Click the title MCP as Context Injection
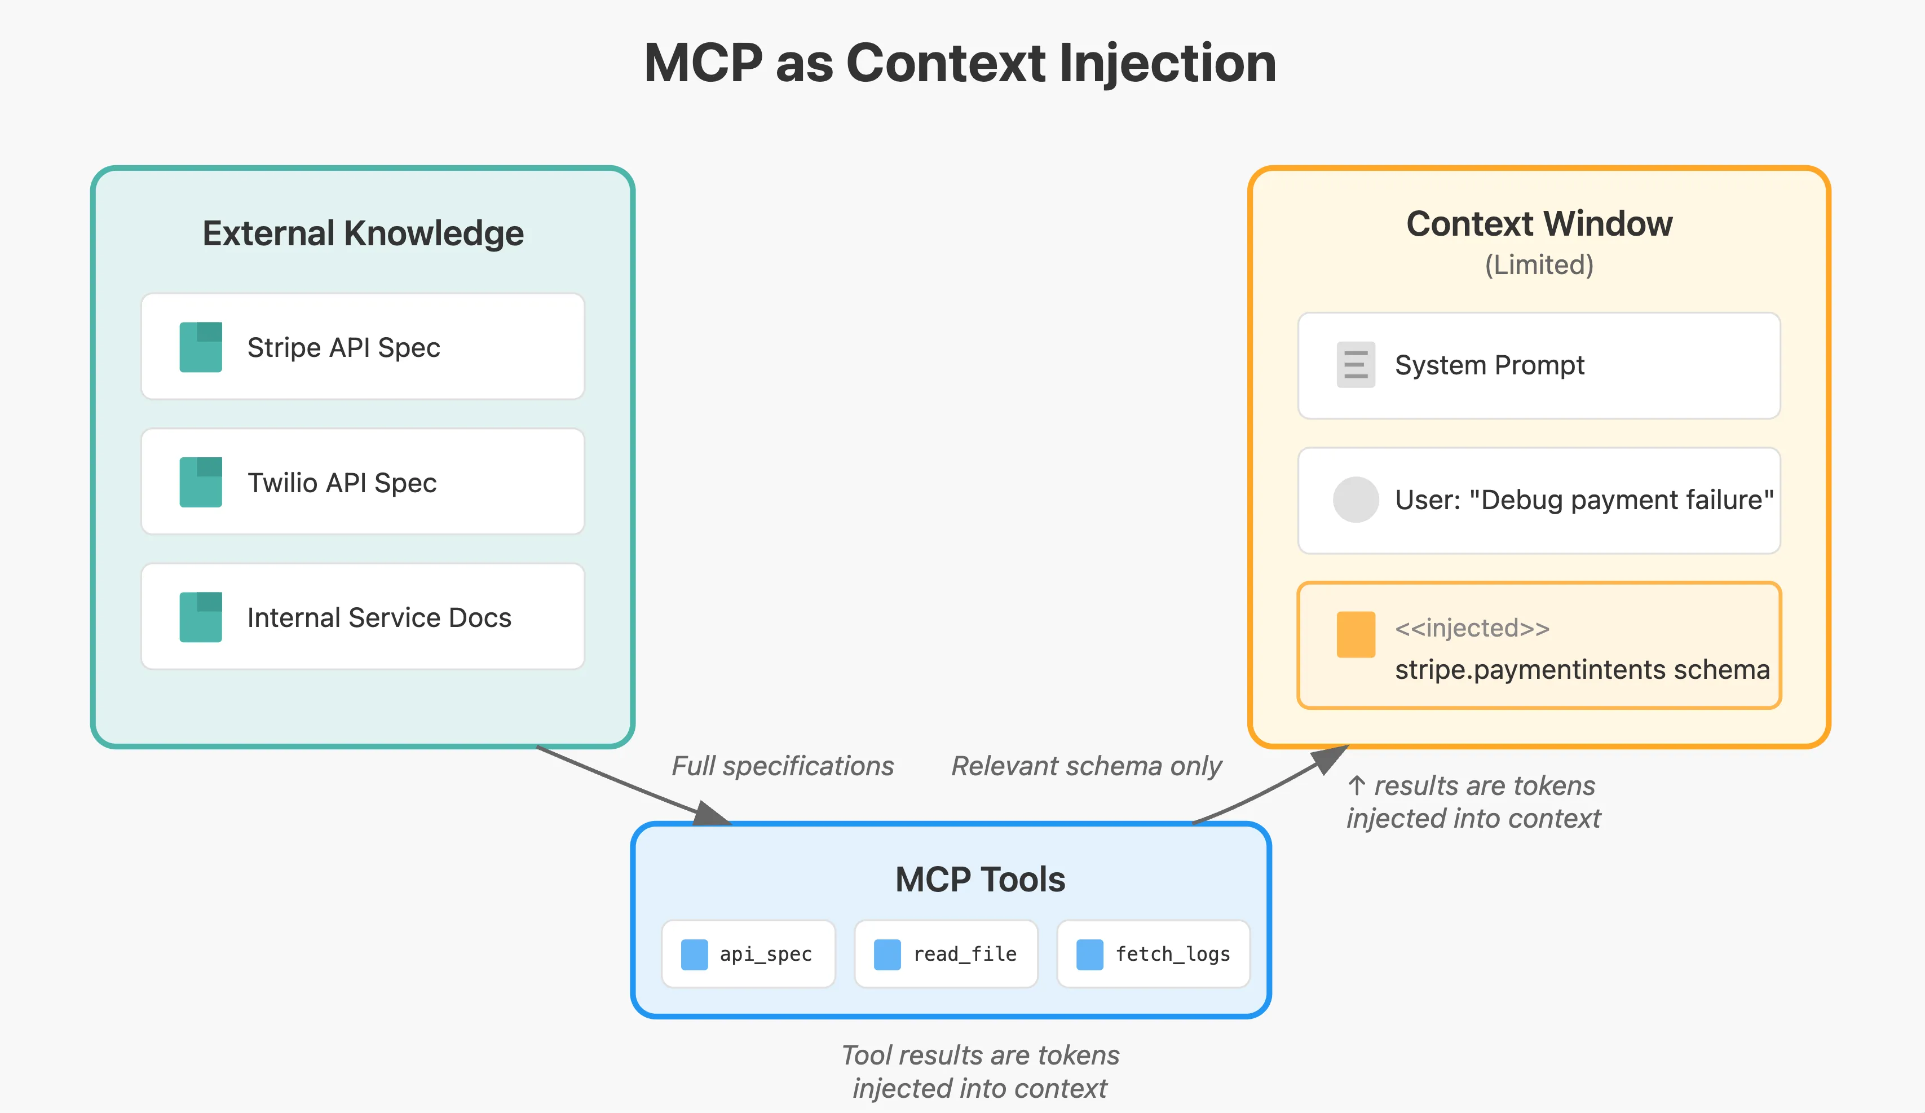960,63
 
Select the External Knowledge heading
363,233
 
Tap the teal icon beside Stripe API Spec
200,347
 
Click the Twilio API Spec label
342,483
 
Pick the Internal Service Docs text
379,617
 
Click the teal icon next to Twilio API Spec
200,482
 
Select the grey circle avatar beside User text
1355,500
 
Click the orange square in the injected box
1355,634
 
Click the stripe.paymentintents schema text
1581,670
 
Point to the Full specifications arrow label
782,766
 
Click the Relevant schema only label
1085,766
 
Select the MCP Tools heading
979,879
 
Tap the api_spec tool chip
749,954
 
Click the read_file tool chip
946,954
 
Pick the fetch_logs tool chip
1153,954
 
